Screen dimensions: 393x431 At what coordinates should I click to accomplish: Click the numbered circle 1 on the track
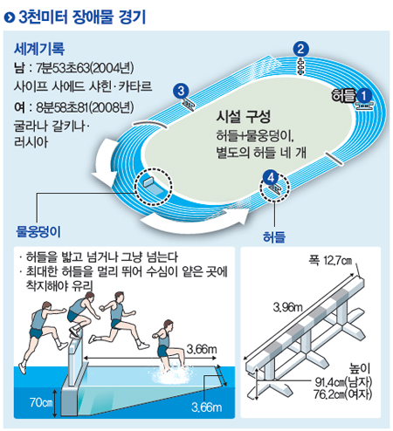[364, 96]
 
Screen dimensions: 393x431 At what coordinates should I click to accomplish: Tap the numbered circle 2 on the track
[300, 49]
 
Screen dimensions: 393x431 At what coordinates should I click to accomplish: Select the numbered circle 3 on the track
[181, 91]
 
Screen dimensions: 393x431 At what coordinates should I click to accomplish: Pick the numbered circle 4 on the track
[271, 177]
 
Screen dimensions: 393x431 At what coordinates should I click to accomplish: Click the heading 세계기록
[39, 49]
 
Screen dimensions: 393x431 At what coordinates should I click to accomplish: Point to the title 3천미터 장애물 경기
[82, 17]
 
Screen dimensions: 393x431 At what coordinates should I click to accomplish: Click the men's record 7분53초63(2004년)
[85, 68]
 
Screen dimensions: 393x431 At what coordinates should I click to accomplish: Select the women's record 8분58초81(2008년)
[85, 107]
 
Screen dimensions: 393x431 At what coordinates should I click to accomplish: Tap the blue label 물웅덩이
[38, 231]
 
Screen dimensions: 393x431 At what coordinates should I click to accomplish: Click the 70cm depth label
[41, 402]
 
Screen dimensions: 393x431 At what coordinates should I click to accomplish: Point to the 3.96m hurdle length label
[287, 307]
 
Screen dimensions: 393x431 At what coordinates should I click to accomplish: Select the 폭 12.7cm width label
[330, 260]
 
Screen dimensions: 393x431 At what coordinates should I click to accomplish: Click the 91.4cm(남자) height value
[343, 382]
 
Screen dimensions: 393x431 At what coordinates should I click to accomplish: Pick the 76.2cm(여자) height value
[343, 394]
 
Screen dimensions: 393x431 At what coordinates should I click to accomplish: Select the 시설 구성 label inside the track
[244, 116]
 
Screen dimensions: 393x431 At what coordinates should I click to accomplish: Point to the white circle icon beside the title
[10, 17]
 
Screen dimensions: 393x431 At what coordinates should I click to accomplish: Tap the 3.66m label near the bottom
[207, 407]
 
